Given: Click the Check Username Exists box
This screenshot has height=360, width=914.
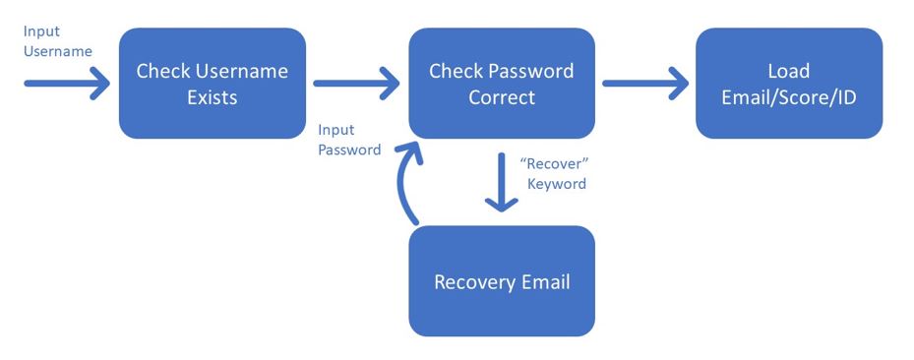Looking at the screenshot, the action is coord(213,84).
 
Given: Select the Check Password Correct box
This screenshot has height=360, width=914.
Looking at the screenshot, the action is coord(502,84).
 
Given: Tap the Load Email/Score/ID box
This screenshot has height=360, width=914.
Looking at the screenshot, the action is coord(789,84).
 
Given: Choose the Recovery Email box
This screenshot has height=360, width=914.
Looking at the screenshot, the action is coord(502,280).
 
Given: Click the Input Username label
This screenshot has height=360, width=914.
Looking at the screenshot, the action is coord(58,41).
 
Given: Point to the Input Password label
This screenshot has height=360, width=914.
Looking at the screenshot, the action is coord(349,140).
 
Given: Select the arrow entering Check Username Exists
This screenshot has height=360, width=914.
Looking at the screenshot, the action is coord(67,84).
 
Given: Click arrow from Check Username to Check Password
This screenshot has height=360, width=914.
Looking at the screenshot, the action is coord(355,84).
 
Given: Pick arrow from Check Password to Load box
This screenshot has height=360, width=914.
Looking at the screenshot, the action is coord(645,84).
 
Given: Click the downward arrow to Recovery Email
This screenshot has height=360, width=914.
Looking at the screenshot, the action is coord(502,182).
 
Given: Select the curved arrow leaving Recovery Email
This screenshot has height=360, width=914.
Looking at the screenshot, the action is coord(401,182).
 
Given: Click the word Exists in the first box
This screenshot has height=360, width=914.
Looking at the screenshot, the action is coord(213,97).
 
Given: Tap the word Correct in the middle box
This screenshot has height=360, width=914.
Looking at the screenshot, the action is coord(502,97).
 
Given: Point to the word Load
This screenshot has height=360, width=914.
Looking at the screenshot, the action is coord(789,71).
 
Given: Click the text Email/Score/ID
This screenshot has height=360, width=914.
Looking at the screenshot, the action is coord(789,97).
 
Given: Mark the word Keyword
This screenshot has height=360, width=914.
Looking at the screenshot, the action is coord(557,184).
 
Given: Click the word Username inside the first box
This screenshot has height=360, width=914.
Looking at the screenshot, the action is coord(241,71).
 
